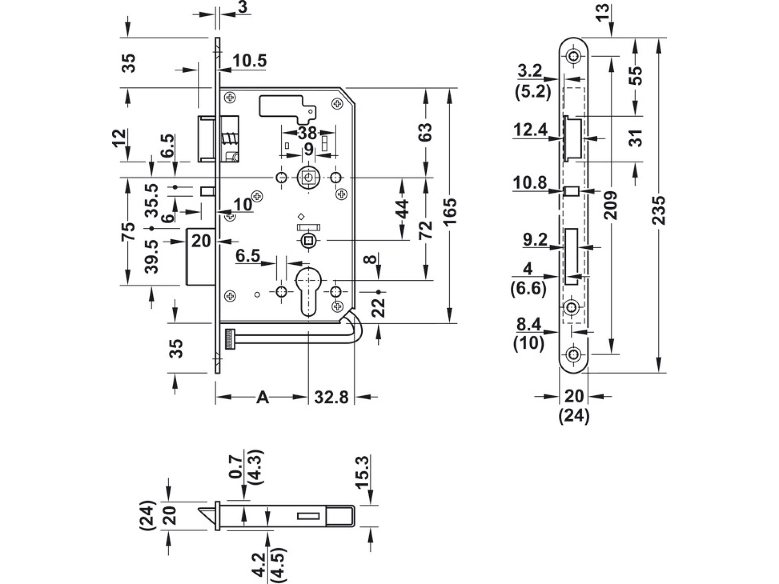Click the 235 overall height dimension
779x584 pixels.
pyautogui.click(x=659, y=210)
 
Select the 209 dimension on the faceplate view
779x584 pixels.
pyautogui.click(x=611, y=205)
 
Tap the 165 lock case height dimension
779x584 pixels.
pyautogui.click(x=450, y=211)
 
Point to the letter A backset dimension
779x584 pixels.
pyautogui.click(x=263, y=397)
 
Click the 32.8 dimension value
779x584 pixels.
pyautogui.click(x=331, y=397)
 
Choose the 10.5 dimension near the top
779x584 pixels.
pyautogui.click(x=249, y=61)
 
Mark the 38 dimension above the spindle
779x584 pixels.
pyautogui.click(x=308, y=133)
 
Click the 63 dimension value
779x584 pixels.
pyautogui.click(x=425, y=132)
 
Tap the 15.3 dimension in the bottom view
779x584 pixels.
pyautogui.click(x=363, y=472)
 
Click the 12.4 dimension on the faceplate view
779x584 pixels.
pyautogui.click(x=530, y=130)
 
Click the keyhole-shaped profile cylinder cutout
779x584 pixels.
pyautogui.click(x=309, y=290)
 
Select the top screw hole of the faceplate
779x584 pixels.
pyautogui.click(x=574, y=56)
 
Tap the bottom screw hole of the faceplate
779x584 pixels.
pyautogui.click(x=574, y=355)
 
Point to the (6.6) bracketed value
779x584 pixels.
pyautogui.click(x=528, y=288)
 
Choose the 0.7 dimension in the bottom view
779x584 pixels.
pyautogui.click(x=235, y=466)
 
